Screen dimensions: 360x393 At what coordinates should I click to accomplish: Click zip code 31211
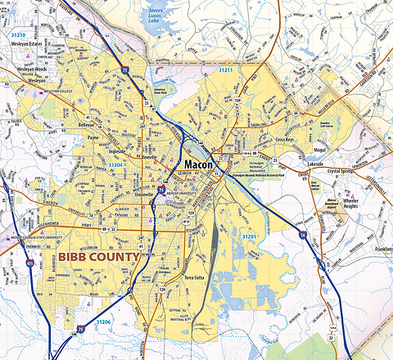(x=225, y=71)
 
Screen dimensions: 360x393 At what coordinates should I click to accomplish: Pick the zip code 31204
(x=118, y=164)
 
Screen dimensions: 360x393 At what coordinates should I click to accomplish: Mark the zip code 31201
(x=251, y=236)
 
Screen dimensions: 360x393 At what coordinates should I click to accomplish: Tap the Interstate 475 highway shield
(x=31, y=264)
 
